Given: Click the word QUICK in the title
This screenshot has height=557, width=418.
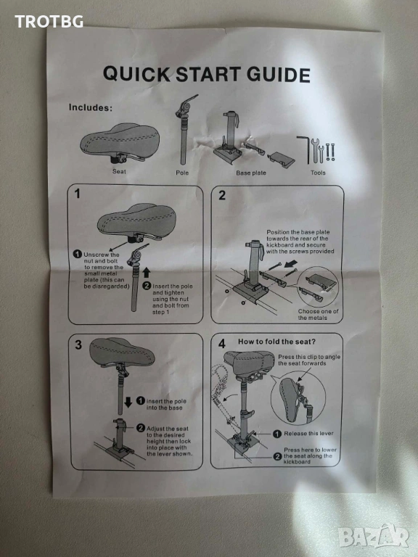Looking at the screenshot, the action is pyautogui.click(x=137, y=74).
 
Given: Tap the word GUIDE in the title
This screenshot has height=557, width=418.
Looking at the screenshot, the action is pyautogui.click(x=279, y=75).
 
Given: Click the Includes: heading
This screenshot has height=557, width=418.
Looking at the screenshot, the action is pyautogui.click(x=90, y=107).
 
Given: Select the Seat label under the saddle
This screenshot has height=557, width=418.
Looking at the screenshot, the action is pyautogui.click(x=119, y=172).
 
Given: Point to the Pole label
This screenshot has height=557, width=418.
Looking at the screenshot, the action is pyautogui.click(x=182, y=173).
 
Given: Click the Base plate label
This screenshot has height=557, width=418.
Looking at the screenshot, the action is pyautogui.click(x=251, y=173).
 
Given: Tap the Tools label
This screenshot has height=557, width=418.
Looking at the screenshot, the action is pyautogui.click(x=318, y=173).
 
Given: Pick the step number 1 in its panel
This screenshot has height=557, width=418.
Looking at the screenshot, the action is pyautogui.click(x=77, y=194).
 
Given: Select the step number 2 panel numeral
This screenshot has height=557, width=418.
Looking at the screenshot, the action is pyautogui.click(x=222, y=195).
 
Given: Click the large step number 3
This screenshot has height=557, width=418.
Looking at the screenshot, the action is pyautogui.click(x=78, y=344).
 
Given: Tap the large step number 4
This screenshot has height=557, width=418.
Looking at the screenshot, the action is pyautogui.click(x=222, y=344).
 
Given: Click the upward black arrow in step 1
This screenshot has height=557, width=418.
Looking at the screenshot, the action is pyautogui.click(x=147, y=273).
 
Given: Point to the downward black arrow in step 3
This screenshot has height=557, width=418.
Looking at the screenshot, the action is pyautogui.click(x=128, y=403).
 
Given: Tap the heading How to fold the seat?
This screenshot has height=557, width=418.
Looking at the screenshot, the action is pyautogui.click(x=276, y=342).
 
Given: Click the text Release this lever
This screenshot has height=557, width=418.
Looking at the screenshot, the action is pyautogui.click(x=308, y=434).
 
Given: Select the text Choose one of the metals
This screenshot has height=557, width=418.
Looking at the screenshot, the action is pyautogui.click(x=318, y=314).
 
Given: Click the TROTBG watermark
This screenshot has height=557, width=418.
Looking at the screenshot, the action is pyautogui.click(x=49, y=22).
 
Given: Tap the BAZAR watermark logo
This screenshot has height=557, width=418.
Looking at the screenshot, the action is pyautogui.click(x=373, y=536).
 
